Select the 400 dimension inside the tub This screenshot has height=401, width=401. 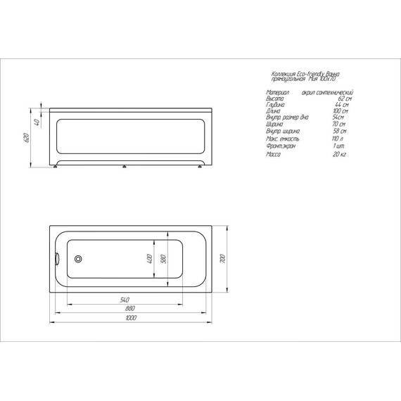coord(149,258)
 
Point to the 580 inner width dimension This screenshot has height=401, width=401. coord(163,258)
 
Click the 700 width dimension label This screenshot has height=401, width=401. coord(222,258)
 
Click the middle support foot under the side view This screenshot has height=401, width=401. coord(124,167)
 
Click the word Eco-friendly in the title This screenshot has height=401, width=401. coord(314,74)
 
